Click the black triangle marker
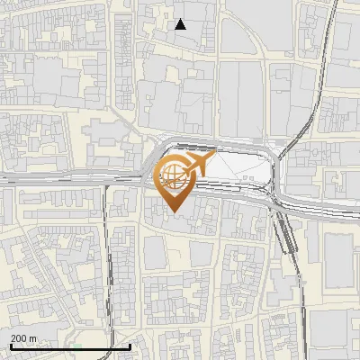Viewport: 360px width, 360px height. [181, 24]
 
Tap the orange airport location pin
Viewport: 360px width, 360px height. [177, 179]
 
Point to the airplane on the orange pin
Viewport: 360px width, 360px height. [196, 165]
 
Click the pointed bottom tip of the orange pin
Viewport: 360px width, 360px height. [175, 211]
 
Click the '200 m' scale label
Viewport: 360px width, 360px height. [24, 337]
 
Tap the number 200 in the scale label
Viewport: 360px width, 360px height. [20, 337]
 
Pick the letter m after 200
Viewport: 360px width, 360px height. [33, 337]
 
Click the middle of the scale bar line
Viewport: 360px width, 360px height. [70, 346]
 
